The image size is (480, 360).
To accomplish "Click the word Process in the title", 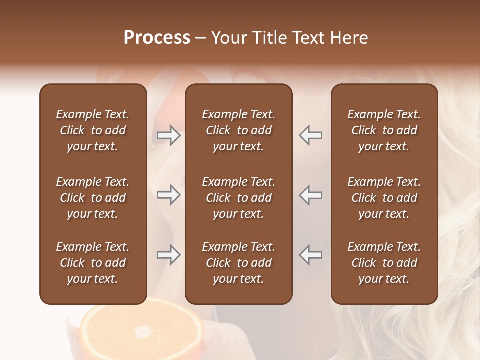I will [x=157, y=38].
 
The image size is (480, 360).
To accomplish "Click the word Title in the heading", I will [x=270, y=38].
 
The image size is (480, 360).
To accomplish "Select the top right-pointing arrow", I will [x=169, y=135].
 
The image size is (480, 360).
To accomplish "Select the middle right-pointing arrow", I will [x=169, y=195].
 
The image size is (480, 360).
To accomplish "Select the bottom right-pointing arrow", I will [x=169, y=255].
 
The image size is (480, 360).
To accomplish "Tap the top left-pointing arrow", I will [x=310, y=135].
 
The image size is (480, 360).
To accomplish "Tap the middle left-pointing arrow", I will [x=310, y=195].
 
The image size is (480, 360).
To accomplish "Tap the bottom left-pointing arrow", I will [x=310, y=255].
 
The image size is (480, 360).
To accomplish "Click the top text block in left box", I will [x=93, y=130].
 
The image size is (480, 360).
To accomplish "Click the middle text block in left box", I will [x=93, y=198].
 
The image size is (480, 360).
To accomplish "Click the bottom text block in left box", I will [x=93, y=263].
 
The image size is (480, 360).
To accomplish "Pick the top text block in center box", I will [x=239, y=130].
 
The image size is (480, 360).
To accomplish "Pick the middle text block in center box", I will [x=239, y=198].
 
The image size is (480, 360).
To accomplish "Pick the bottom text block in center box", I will [x=239, y=263].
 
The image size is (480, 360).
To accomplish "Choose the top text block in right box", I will [x=384, y=130].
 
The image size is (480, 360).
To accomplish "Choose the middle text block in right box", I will [x=384, y=198].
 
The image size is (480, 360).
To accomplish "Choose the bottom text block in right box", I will [x=384, y=263].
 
